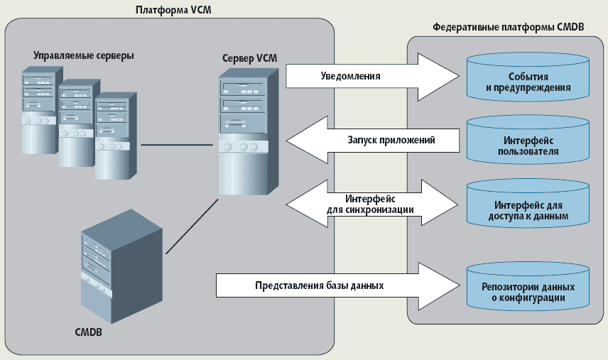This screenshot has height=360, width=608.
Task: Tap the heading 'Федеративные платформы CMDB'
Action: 508,26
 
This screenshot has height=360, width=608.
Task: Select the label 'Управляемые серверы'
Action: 84,55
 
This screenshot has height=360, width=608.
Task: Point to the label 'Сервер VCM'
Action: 249,58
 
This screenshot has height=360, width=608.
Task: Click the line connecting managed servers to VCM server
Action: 177,146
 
